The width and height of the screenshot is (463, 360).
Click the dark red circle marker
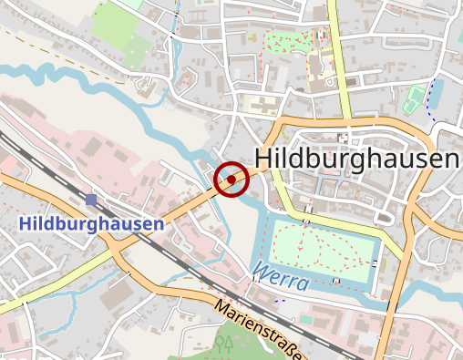click(x=232, y=179)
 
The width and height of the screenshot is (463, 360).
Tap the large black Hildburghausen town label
click(x=356, y=159)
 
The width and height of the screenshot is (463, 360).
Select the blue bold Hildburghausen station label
click(x=91, y=223)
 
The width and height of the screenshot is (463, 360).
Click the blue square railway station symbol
click(x=90, y=199)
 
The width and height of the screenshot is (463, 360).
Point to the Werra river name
click(x=282, y=276)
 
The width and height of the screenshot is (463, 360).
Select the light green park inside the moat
click(x=324, y=246)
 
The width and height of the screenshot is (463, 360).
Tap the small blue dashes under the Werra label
click(x=279, y=298)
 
